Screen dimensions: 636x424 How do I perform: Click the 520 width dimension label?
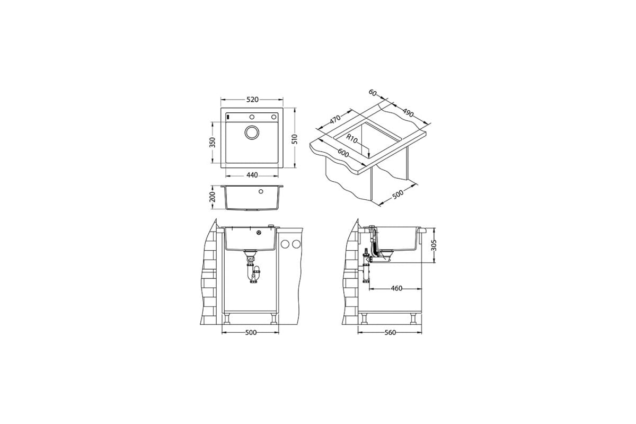(252, 100)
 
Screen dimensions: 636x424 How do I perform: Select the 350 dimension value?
(213, 142)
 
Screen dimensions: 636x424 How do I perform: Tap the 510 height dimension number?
(295, 139)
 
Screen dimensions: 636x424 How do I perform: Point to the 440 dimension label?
(252, 175)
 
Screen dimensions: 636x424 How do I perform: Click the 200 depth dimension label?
(213, 197)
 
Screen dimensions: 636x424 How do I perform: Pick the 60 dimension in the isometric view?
(373, 93)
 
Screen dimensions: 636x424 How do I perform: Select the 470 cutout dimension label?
(335, 119)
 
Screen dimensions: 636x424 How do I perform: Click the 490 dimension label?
(408, 113)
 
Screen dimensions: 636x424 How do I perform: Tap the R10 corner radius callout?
(352, 139)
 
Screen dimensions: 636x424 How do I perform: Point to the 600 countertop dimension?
(343, 153)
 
